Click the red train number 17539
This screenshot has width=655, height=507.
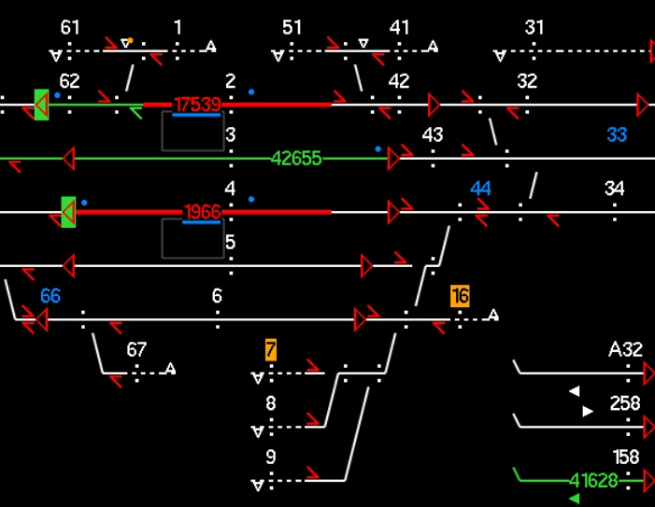[197, 105]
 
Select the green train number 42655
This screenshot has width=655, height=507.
[296, 159]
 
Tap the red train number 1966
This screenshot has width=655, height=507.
[202, 213]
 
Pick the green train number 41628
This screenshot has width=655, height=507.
[593, 481]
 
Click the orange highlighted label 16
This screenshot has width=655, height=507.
[460, 297]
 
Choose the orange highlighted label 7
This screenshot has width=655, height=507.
[271, 350]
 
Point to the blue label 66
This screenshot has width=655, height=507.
[50, 297]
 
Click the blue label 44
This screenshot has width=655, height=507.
[480, 190]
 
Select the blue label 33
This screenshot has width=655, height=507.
[617, 135]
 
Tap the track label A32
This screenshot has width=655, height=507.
[625, 350]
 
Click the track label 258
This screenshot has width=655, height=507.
[625, 403]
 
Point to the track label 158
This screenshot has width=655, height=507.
[626, 458]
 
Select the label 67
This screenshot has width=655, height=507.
[136, 350]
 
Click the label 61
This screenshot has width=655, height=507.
[70, 28]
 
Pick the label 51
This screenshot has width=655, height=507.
[292, 28]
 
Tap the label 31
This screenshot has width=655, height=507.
[534, 28]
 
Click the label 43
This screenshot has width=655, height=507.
[432, 135]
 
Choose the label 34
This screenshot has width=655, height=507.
[614, 190]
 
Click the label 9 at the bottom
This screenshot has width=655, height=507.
[271, 458]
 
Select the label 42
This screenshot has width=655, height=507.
[399, 81]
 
